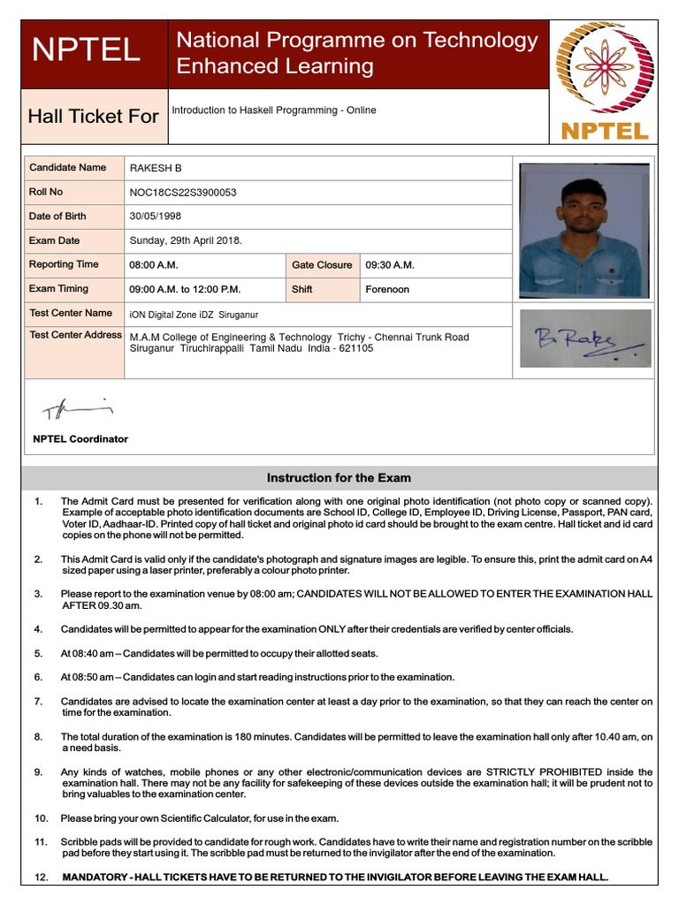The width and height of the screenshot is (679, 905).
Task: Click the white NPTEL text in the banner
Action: pyautogui.click(x=86, y=50)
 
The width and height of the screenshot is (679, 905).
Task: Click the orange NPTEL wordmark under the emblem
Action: pyautogui.click(x=605, y=132)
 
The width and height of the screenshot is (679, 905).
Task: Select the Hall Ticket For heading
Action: pyautogui.click(x=94, y=116)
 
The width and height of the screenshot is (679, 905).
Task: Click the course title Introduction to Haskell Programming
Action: pyautogui.click(x=273, y=110)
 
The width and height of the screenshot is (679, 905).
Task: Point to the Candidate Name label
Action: pyautogui.click(x=67, y=168)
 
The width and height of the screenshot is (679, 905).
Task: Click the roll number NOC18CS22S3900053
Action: pyautogui.click(x=183, y=193)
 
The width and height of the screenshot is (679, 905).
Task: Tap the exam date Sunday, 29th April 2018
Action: pyautogui.click(x=186, y=240)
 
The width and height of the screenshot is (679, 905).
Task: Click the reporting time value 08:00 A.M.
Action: pyautogui.click(x=154, y=265)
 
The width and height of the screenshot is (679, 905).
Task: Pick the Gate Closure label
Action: pyautogui.click(x=322, y=265)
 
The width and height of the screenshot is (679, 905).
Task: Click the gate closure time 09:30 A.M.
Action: pyautogui.click(x=390, y=265)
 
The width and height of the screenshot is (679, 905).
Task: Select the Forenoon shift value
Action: pyautogui.click(x=387, y=289)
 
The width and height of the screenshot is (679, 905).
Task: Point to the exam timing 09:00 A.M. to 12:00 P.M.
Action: pyautogui.click(x=185, y=289)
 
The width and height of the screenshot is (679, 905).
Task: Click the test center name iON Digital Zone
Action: pyautogui.click(x=194, y=315)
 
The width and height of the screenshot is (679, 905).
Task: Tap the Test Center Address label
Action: pyautogui.click(x=75, y=335)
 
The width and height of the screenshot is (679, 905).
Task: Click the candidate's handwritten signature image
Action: pyautogui.click(x=584, y=339)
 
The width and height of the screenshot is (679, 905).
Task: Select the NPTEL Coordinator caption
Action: pyautogui.click(x=80, y=439)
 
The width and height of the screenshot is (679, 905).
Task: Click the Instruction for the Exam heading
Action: pyautogui.click(x=339, y=478)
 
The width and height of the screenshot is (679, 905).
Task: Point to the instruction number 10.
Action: pyautogui.click(x=42, y=818)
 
